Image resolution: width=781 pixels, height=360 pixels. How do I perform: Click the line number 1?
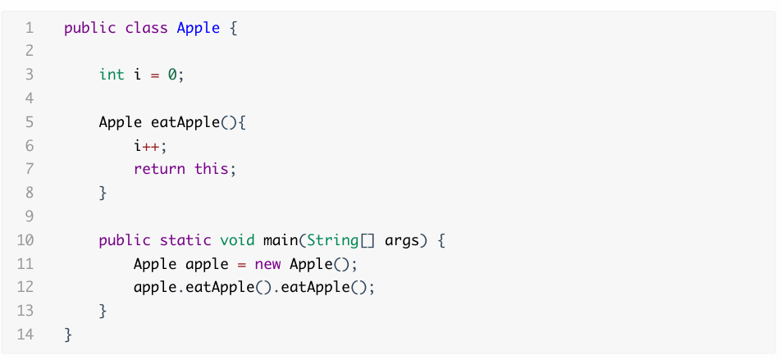[29, 28]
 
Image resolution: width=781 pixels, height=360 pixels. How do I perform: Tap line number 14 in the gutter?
[25, 335]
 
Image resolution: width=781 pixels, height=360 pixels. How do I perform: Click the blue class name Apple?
[199, 28]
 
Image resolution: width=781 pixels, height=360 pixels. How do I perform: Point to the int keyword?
[112, 75]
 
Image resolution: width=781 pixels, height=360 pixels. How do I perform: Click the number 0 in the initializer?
[172, 75]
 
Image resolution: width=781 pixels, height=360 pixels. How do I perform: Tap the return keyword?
[159, 170]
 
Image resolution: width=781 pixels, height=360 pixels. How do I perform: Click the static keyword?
[185, 240]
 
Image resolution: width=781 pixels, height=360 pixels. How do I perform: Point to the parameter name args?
[402, 240]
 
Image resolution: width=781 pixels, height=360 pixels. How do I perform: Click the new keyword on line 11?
[267, 264]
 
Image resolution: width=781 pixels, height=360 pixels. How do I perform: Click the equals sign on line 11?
[242, 264]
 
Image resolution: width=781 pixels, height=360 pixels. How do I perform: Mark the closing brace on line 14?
[68, 335]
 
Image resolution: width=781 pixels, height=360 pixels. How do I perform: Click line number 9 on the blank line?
[29, 217]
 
